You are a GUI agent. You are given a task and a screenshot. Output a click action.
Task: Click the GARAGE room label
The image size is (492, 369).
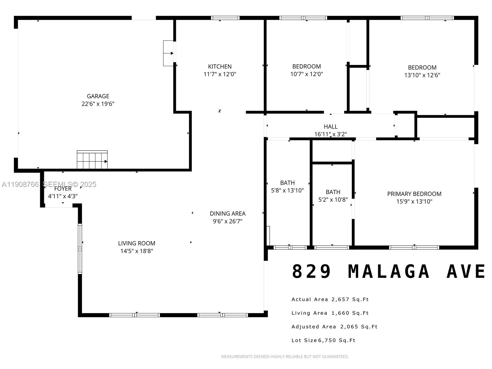pyautogui.click(x=98, y=96)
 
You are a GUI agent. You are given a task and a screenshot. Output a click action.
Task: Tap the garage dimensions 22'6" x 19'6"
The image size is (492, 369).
pyautogui.click(x=98, y=104)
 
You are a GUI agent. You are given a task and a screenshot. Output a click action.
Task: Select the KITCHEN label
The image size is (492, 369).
pyautogui.click(x=220, y=66)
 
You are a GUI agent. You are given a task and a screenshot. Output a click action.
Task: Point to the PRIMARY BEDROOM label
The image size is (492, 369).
pyautogui.click(x=414, y=194)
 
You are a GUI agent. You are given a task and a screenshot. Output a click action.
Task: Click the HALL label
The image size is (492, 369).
pyautogui.click(x=331, y=126)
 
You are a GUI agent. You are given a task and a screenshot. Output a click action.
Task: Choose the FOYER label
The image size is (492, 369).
pyautogui.click(x=63, y=188)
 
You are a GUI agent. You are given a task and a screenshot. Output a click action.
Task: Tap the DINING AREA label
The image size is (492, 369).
pyautogui.click(x=228, y=213)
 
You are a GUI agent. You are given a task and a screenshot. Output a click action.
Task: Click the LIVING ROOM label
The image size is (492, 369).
pyautogui.click(x=137, y=243)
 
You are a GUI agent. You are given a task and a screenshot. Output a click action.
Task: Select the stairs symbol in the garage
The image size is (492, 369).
pyautogui.click(x=92, y=160)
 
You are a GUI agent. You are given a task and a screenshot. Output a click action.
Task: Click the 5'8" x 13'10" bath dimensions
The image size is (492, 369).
pyautogui.click(x=287, y=190)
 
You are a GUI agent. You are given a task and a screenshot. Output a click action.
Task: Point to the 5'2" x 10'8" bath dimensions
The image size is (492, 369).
pyautogui.click(x=333, y=200)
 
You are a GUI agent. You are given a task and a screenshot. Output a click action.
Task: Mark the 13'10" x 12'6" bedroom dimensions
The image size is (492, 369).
pyautogui.click(x=422, y=75)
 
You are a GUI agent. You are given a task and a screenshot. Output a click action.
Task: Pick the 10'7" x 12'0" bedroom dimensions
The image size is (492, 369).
pyautogui.click(x=306, y=74)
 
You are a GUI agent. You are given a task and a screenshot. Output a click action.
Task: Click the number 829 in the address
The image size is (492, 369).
pyautogui.click(x=311, y=272)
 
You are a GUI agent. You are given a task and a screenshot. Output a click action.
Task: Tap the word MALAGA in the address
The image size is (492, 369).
pyautogui.click(x=389, y=272)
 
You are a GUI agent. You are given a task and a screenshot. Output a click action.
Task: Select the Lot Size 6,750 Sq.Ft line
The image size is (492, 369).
pyautogui.click(x=323, y=340)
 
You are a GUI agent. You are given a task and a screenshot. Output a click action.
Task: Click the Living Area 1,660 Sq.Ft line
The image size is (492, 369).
pyautogui.click(x=330, y=313)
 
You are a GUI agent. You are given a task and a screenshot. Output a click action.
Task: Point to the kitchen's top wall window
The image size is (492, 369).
pyautogui.click(x=225, y=18)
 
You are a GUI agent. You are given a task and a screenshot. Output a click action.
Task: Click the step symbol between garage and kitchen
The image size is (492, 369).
pyautogui.click(x=169, y=53)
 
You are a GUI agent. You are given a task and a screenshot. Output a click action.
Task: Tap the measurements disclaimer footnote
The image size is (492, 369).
pyautogui.click(x=285, y=357)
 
